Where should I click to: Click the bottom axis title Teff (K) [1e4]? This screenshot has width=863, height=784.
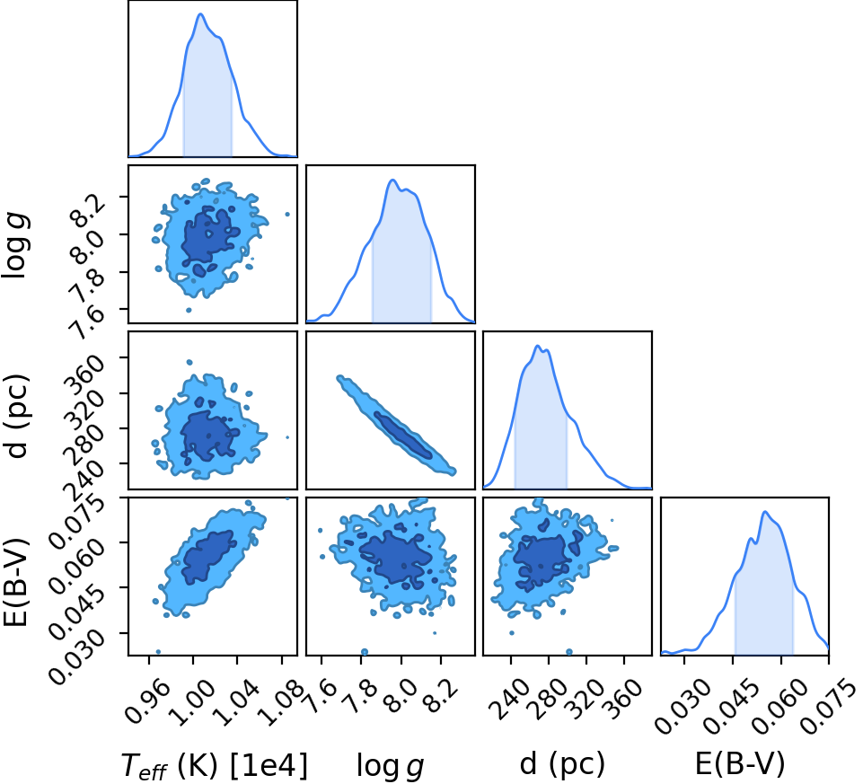(x=214, y=766)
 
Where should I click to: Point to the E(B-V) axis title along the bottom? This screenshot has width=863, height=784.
(x=740, y=765)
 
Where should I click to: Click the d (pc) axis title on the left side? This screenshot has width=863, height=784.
(x=16, y=417)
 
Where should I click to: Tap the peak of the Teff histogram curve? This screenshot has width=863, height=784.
(x=200, y=13)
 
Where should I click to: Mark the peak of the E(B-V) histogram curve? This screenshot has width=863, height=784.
(x=765, y=512)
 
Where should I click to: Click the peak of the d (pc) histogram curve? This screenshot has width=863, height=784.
(x=538, y=346)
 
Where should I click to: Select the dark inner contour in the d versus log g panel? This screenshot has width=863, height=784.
(x=403, y=435)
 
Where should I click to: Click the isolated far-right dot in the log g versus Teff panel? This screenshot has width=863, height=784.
(x=286, y=214)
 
